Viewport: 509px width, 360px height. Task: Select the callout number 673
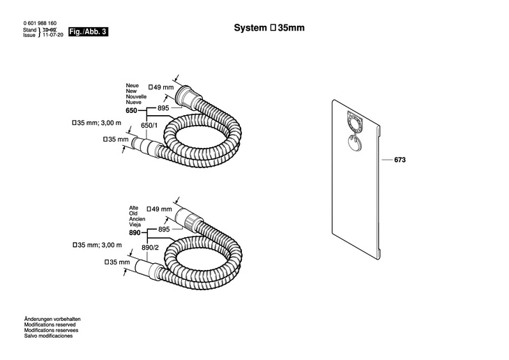[x=400, y=160]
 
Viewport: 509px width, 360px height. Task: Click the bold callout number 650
[x=132, y=111]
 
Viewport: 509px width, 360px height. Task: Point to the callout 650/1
[x=150, y=125]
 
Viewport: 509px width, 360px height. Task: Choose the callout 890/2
[x=150, y=247]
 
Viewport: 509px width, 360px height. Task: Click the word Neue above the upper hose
[x=132, y=85]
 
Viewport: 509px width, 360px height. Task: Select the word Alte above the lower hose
[x=134, y=208]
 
